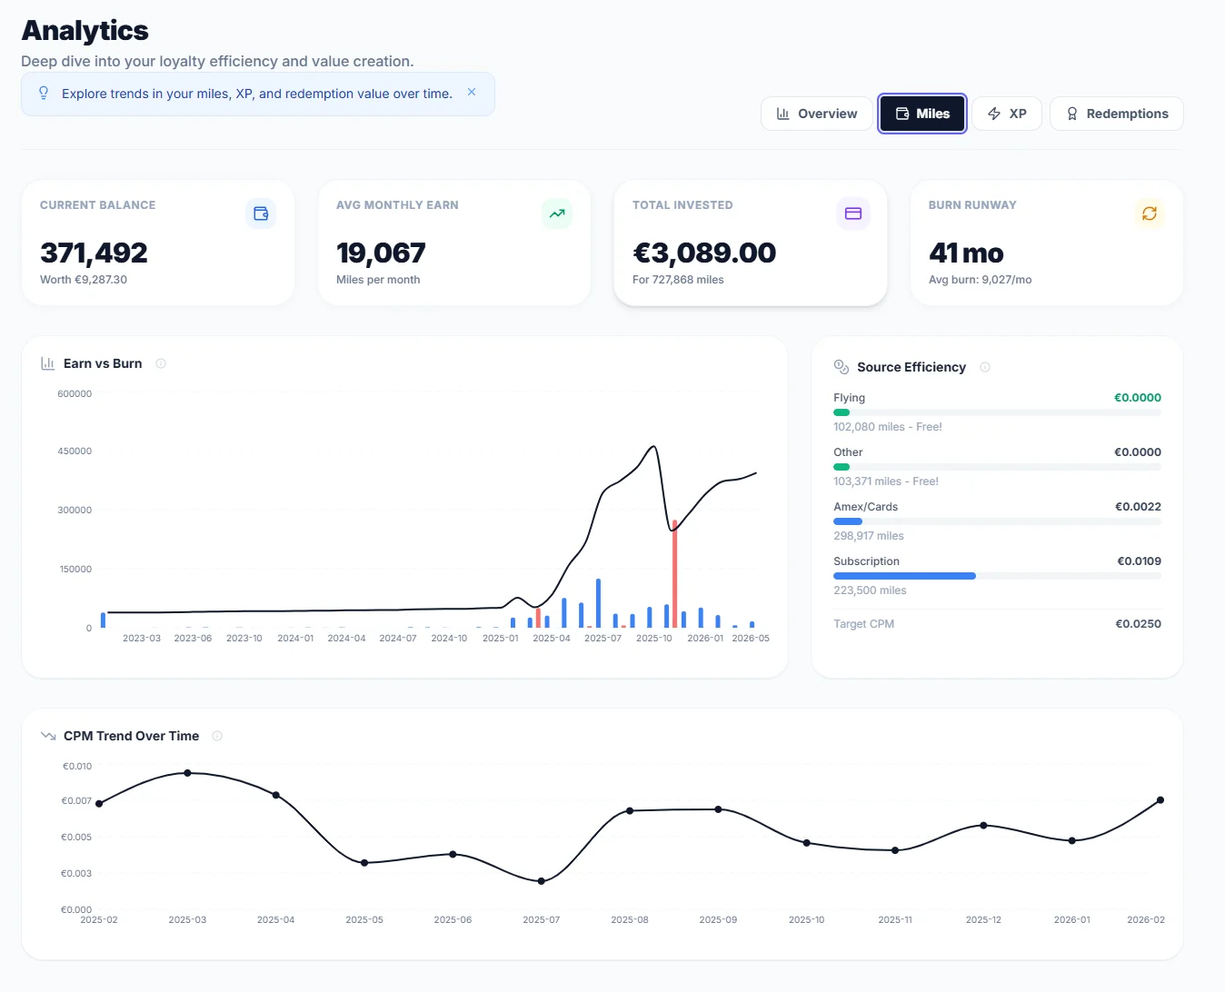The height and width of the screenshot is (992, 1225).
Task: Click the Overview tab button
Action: coord(816,114)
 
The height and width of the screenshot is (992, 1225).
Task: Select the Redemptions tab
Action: coord(1116,114)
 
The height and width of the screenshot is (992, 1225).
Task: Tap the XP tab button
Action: coord(1007,114)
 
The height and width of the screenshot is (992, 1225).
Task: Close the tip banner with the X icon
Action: coord(472,92)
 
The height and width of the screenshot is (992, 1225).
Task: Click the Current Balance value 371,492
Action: coord(94,253)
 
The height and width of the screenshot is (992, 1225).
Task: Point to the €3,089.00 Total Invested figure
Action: coord(703,253)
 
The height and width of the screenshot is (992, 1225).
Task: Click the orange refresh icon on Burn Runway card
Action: coord(1149,213)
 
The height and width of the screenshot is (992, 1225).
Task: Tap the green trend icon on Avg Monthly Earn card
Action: coord(556,213)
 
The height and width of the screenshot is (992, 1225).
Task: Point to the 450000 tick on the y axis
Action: coord(75,451)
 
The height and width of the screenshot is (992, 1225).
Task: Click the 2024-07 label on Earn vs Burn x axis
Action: coord(398,639)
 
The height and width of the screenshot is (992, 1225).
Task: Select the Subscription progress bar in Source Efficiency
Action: coord(904,576)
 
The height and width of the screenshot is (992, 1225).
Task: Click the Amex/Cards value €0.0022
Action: coord(1138,507)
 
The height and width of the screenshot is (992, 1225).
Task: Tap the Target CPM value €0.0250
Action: coord(1138,624)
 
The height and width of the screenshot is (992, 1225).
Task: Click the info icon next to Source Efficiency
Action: coord(985,367)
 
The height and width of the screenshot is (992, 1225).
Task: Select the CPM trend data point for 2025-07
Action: coord(542,881)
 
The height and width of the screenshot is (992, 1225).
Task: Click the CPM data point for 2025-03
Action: coord(187,773)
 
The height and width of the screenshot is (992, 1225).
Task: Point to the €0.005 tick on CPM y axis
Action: coord(76,838)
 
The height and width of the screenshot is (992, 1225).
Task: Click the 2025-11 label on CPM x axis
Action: coord(895,920)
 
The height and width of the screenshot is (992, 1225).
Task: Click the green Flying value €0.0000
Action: coord(1138,398)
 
